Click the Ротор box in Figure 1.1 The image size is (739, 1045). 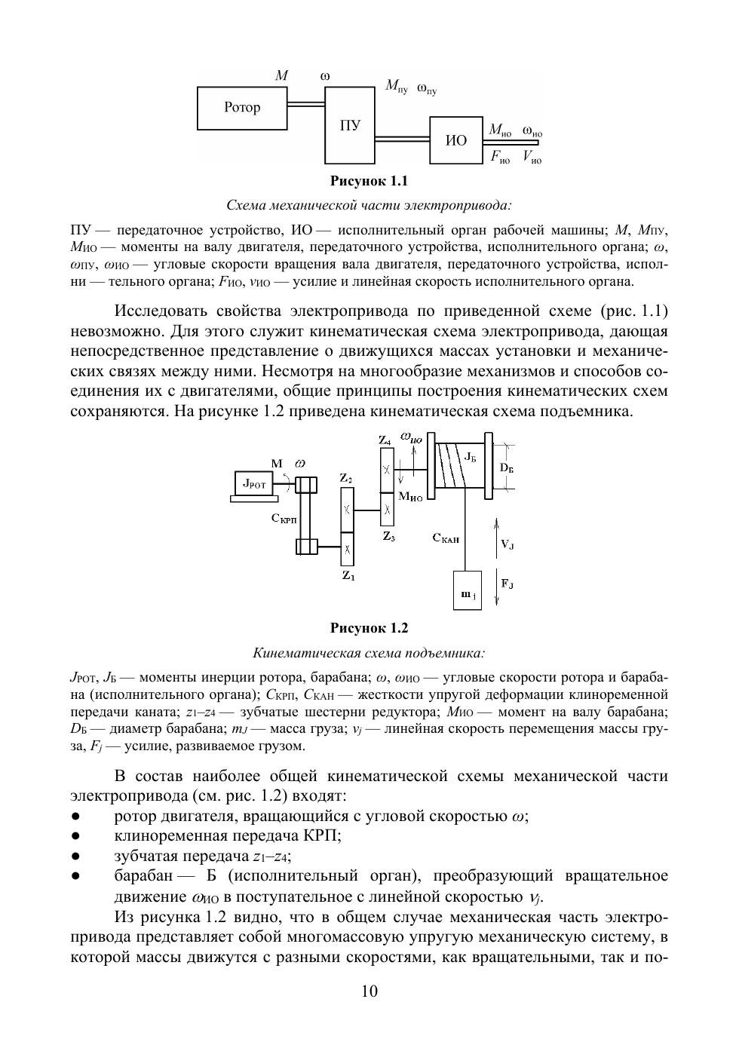(x=242, y=108)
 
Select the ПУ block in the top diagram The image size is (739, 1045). (x=350, y=125)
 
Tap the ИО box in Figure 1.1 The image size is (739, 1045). (x=456, y=140)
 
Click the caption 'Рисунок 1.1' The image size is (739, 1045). (x=369, y=182)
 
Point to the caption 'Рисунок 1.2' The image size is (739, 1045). (x=369, y=628)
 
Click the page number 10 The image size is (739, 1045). (x=369, y=991)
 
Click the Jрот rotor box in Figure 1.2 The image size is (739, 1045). (x=253, y=485)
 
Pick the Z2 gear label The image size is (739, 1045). (x=346, y=478)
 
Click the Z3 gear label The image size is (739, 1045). (x=388, y=536)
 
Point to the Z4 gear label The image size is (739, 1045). (x=385, y=440)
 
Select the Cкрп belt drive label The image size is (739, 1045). (x=284, y=519)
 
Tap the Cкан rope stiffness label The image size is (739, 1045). (x=446, y=538)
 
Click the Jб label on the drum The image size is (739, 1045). (x=469, y=456)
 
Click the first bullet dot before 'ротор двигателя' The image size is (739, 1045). (x=75, y=817)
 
